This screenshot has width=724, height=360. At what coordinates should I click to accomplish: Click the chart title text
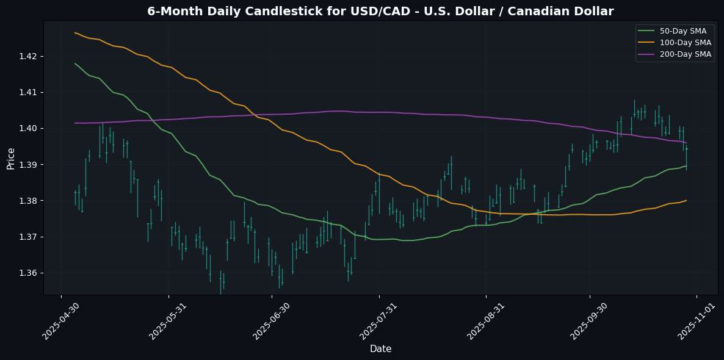point(380,11)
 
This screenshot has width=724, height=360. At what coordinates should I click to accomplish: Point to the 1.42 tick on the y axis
point(29,56)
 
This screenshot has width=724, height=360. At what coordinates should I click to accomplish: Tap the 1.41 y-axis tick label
point(29,92)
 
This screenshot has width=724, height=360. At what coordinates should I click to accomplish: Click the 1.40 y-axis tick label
point(29,128)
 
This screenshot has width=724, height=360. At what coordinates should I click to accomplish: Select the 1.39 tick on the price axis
point(29,165)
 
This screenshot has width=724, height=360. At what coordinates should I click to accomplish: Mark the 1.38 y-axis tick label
point(29,201)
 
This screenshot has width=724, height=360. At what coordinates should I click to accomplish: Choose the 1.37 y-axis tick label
point(29,237)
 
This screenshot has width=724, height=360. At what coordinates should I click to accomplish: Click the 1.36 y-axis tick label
point(29,273)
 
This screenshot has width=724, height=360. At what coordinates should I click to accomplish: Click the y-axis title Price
point(10,157)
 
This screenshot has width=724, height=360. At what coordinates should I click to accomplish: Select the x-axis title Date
point(380,349)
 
